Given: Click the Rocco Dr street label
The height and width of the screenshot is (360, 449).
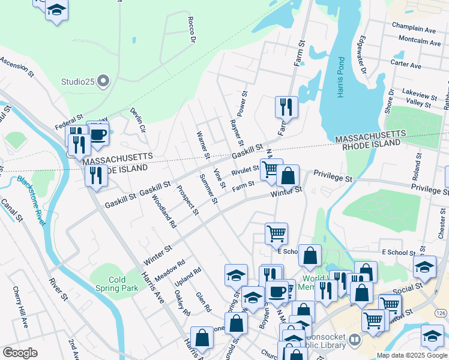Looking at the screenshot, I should click(x=192, y=34).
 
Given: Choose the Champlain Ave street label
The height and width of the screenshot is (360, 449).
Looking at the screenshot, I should click(x=414, y=29).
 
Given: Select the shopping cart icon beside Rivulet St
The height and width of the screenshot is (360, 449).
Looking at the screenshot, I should click(x=271, y=169).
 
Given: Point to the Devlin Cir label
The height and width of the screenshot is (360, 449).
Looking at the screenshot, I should click(x=139, y=120).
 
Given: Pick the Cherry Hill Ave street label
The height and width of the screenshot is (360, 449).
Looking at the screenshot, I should click(x=20, y=307).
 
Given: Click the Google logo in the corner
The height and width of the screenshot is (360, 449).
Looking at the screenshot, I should click(x=20, y=353).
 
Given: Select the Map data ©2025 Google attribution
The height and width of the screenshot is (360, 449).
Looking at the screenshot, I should click(x=411, y=355).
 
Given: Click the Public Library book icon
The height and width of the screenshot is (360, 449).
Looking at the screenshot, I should click(x=355, y=340).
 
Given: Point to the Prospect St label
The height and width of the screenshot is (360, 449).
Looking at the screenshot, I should click(x=187, y=200).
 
